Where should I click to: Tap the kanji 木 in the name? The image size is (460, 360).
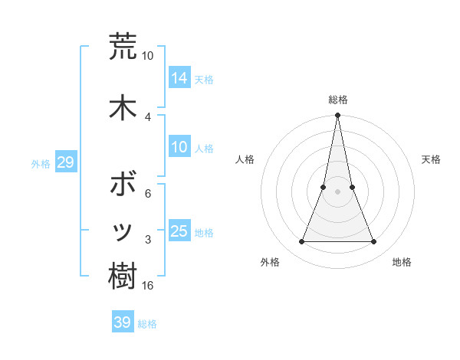[x=123, y=107]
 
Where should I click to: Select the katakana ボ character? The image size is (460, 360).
[x=123, y=184]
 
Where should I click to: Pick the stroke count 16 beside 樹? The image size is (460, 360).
[x=149, y=286]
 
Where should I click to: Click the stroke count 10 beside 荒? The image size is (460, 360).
[x=148, y=56]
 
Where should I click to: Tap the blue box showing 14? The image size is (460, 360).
[x=179, y=77]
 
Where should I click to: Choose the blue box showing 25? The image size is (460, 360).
[x=179, y=231]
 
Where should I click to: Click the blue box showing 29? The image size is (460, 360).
[x=65, y=162]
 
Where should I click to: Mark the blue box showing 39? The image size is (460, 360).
[x=123, y=322]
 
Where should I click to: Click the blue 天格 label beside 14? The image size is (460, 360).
[x=204, y=80]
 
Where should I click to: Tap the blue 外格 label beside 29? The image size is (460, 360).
[x=41, y=164]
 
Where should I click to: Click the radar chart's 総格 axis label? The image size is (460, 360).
[x=337, y=100]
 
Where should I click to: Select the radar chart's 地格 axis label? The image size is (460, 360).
[x=402, y=262]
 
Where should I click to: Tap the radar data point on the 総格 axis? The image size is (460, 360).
[x=337, y=116]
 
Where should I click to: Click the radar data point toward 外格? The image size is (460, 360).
[x=301, y=242]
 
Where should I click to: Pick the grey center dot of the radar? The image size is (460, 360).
[x=337, y=192]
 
